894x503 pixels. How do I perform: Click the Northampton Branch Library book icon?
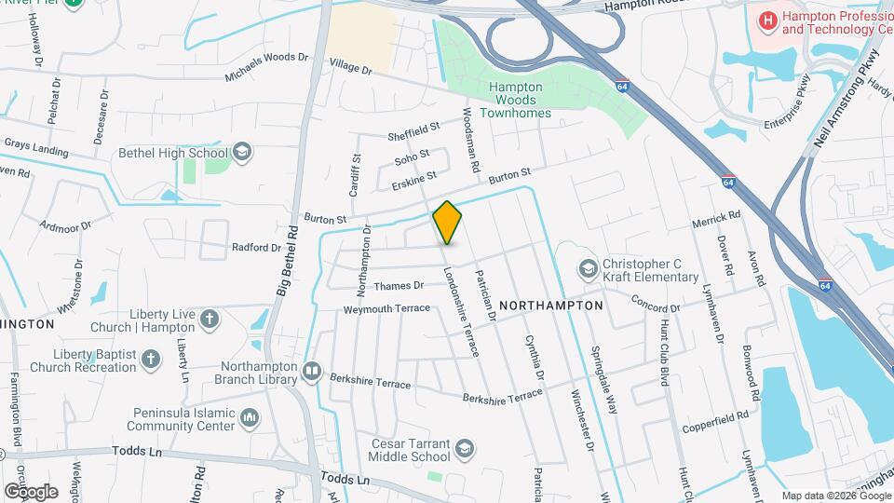[312, 374]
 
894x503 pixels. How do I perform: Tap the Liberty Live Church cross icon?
[210, 320]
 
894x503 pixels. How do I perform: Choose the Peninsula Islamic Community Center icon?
[250, 419]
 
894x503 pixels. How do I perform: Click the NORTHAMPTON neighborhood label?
[551, 305]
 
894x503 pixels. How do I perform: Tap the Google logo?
[31, 491]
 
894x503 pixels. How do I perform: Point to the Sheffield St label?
[413, 131]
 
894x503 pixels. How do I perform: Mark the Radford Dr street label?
[255, 248]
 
